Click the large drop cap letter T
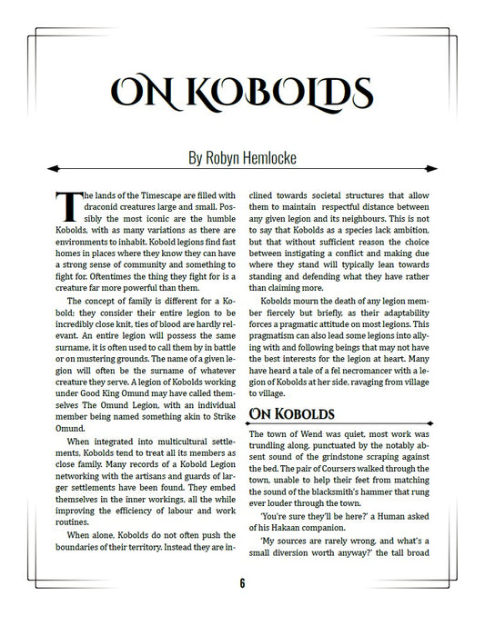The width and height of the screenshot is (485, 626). [x=66, y=204]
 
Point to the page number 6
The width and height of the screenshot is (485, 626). [x=243, y=583]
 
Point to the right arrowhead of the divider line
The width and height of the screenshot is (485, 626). [x=437, y=168]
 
